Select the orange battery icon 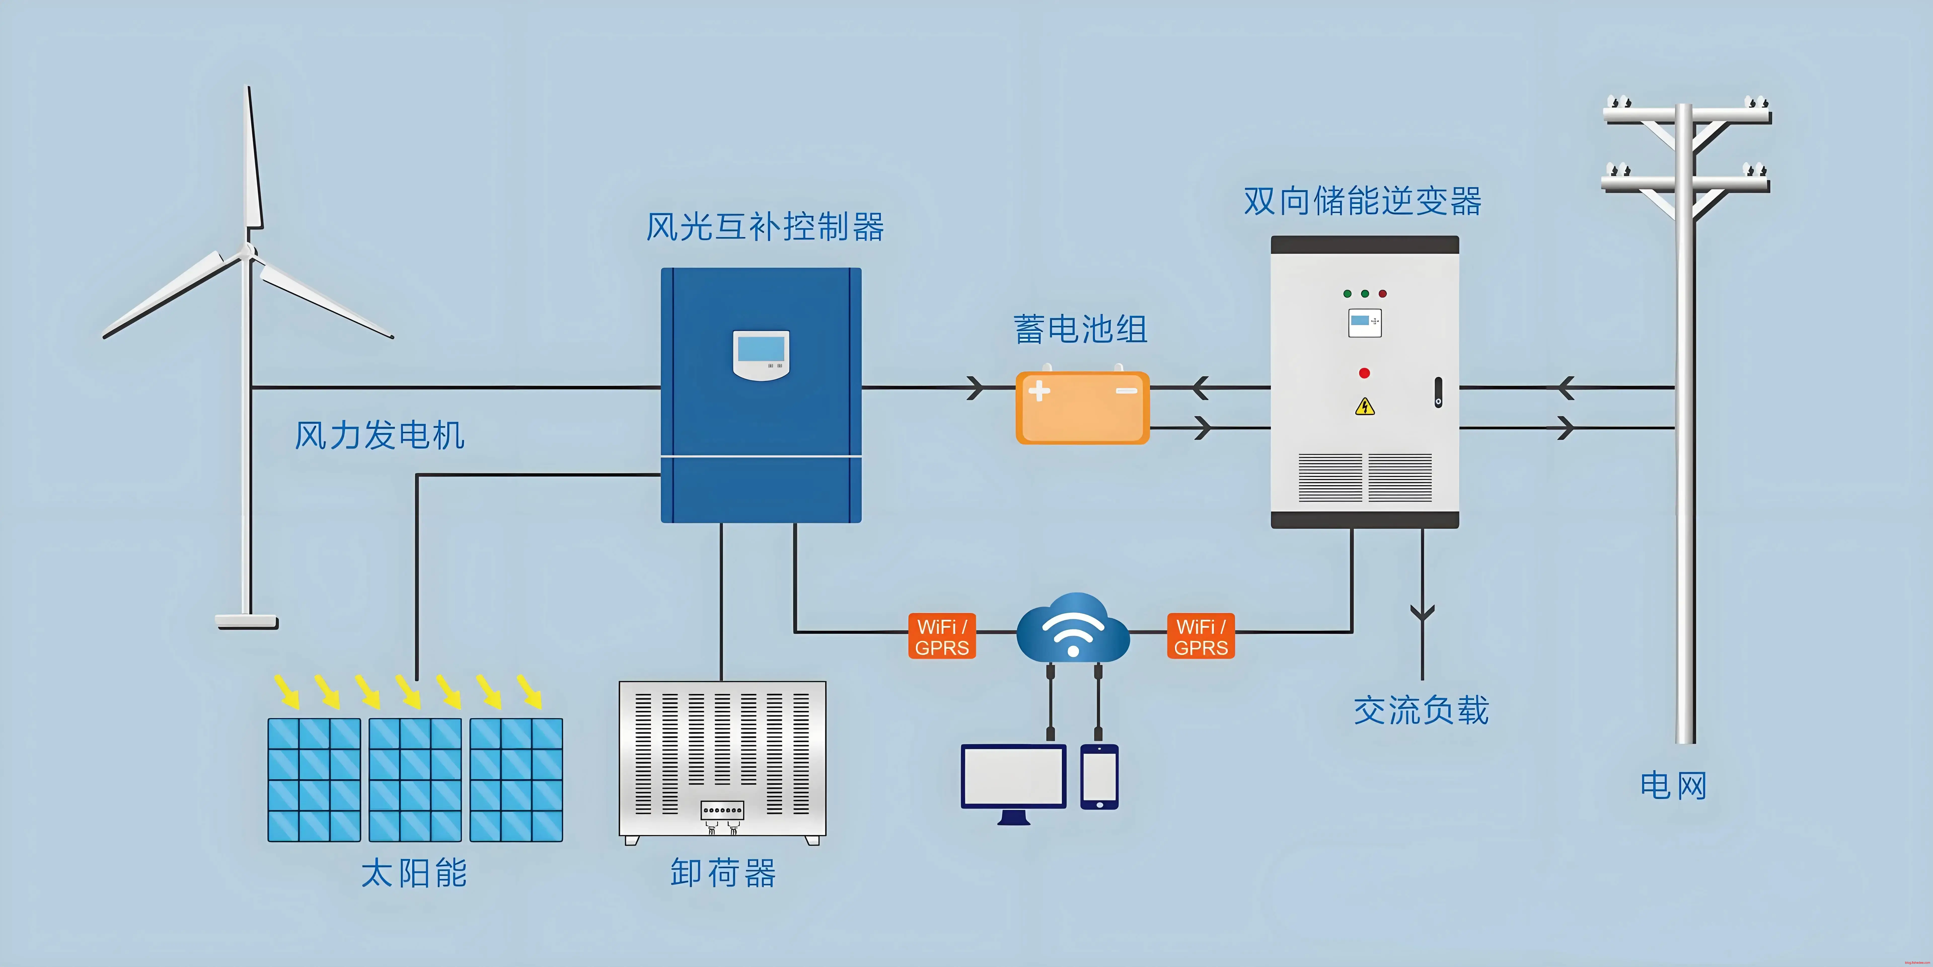coord(1082,407)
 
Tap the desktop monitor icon coord(1013,780)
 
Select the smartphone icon coord(1099,777)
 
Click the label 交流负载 coord(1421,710)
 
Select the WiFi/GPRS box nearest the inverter coord(1201,636)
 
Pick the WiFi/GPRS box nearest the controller coord(942,636)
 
